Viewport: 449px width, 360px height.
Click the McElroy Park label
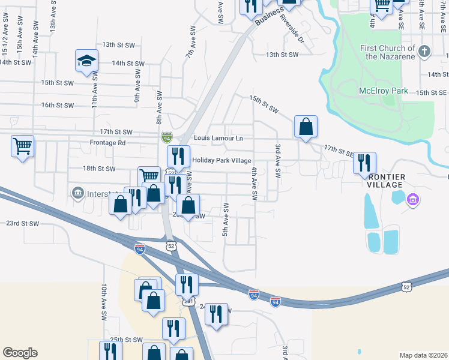click(x=383, y=91)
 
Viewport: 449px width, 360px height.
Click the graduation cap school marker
click(x=87, y=61)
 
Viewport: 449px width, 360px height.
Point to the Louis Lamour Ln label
click(x=218, y=139)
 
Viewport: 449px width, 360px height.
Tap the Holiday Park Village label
click(x=221, y=160)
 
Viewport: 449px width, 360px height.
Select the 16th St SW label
click(x=57, y=105)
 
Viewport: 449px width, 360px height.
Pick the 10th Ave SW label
click(x=104, y=297)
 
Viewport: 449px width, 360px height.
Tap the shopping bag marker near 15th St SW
click(x=306, y=127)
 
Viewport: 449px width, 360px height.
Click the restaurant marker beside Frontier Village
click(x=364, y=163)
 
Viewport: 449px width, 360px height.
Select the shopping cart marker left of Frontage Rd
click(x=22, y=146)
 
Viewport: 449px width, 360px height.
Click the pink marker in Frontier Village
click(x=413, y=199)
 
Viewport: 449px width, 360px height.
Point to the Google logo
click(x=20, y=353)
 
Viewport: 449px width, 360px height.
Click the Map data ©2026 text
click(x=423, y=355)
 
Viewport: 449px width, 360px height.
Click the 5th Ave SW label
click(x=227, y=220)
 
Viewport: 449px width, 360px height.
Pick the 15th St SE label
click(x=432, y=92)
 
